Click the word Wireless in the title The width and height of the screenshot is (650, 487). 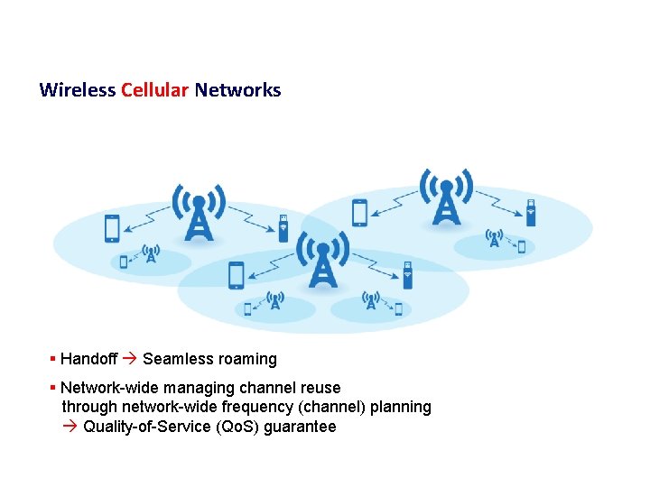point(78,90)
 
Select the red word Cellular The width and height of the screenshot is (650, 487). point(154,90)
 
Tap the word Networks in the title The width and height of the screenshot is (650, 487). point(237,90)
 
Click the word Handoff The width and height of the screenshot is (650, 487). point(88,359)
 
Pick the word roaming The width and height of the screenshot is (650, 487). point(246,359)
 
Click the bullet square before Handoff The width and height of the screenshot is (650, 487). point(53,359)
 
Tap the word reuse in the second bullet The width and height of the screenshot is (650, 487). point(320,388)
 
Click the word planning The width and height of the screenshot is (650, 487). point(402,407)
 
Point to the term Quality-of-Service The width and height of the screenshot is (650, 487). point(148,427)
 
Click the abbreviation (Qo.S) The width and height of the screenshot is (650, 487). point(238,427)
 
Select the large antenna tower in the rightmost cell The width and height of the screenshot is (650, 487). point(446,199)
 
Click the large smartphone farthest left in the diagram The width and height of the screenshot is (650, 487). point(112,228)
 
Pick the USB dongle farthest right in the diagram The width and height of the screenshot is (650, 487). point(531,213)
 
